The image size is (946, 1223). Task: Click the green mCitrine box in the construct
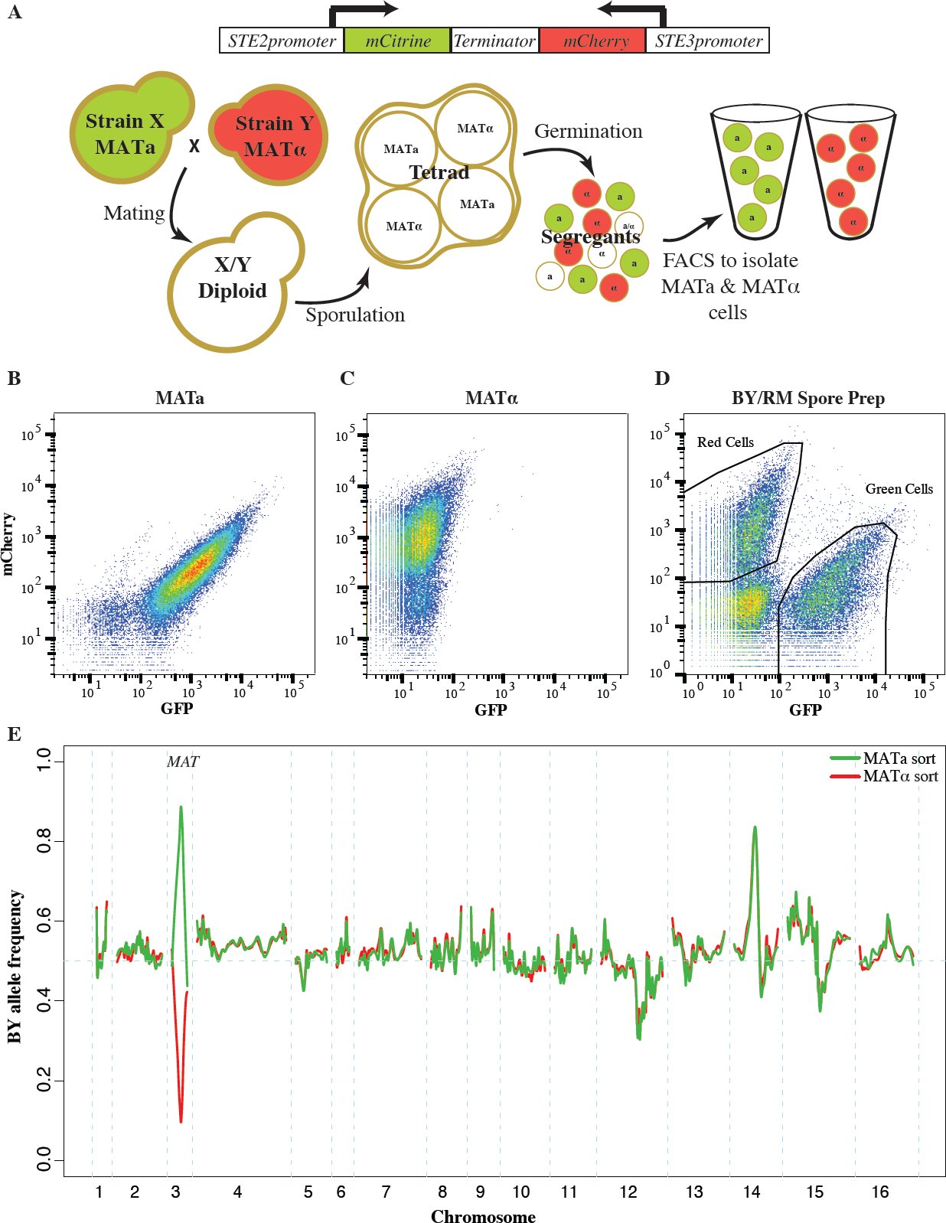pos(396,41)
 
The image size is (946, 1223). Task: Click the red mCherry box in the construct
pos(592,41)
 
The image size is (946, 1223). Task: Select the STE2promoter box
pos(282,41)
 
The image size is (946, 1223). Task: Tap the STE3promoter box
pos(707,41)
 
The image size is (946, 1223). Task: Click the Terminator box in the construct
pos(494,41)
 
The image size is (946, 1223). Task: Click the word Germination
pos(588,131)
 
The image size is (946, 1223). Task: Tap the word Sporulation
pos(355,315)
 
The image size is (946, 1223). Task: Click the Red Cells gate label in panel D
pos(726,442)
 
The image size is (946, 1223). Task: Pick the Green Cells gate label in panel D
pos(899,488)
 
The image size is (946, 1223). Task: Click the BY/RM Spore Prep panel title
pos(807,398)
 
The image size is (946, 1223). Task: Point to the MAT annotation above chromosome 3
pos(183,762)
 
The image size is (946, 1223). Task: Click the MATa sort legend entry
pos(884,758)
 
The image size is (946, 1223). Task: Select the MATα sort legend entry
pos(884,776)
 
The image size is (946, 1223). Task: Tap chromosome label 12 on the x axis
pos(628,1192)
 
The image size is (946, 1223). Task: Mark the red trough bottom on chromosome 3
pos(181,1122)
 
